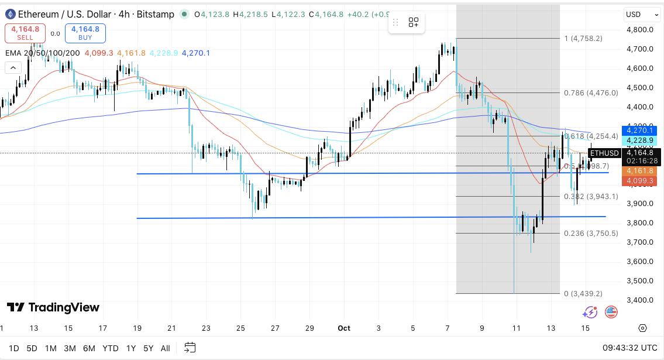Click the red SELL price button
[x=25, y=33]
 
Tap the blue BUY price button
[x=85, y=33]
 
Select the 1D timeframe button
[x=13, y=348]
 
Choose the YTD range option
[x=110, y=348]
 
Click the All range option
[x=166, y=348]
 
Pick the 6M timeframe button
[x=89, y=348]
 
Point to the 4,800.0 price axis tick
[x=639, y=30]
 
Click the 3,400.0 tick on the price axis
[x=639, y=300]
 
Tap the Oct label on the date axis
[x=344, y=328]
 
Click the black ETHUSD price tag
[x=603, y=153]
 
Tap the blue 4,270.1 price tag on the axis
[x=640, y=131]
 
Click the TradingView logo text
[x=53, y=307]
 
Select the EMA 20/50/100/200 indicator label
[x=43, y=53]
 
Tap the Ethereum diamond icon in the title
[x=9, y=14]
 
